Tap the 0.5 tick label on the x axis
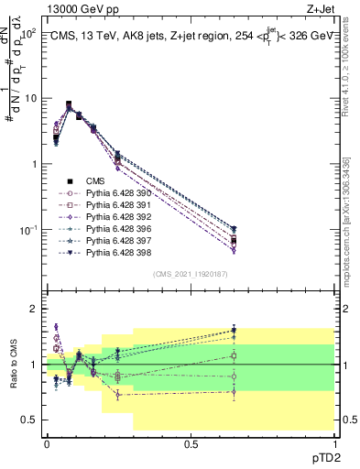coord(191,443)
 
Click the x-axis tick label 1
coord(334,443)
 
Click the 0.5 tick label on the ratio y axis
coord(30,420)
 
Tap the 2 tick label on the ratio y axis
coord(35,309)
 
